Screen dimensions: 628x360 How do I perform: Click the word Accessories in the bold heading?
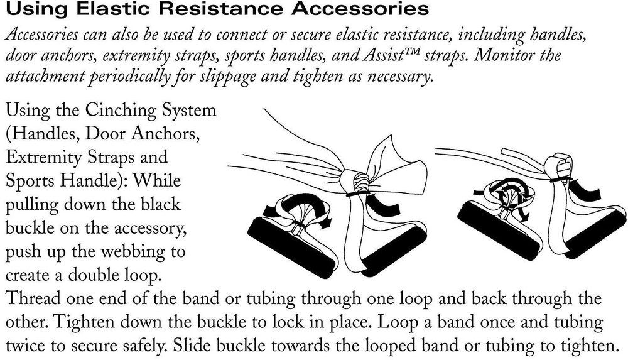pyautogui.click(x=360, y=8)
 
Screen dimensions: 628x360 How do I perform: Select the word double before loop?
pyautogui.click(x=94, y=275)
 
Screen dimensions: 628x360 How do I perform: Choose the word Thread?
pyautogui.click(x=33, y=298)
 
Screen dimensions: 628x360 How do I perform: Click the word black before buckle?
pyautogui.click(x=160, y=204)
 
